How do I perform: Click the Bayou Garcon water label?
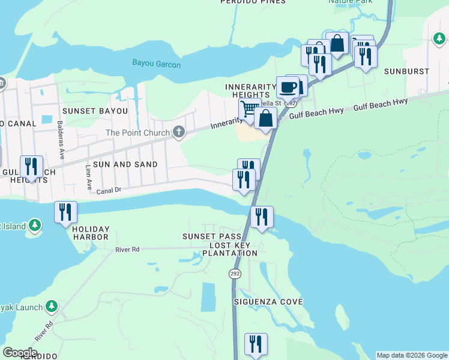pos(156,64)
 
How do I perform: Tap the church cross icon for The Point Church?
pos(178,132)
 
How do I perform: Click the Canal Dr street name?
pos(109,190)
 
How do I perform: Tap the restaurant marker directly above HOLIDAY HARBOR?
pos(65,212)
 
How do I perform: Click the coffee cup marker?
pos(288,88)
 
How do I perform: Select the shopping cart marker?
pos(249,109)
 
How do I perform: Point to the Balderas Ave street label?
pos(61,145)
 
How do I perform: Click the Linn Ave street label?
pos(88,175)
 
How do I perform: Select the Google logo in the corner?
pos(20,353)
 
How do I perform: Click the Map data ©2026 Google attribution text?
pos(411,355)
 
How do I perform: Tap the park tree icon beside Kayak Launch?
pos(52,307)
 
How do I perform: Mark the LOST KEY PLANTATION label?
pos(234,249)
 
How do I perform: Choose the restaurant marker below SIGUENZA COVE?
pos(256,344)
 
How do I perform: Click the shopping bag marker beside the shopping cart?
pos(265,118)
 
